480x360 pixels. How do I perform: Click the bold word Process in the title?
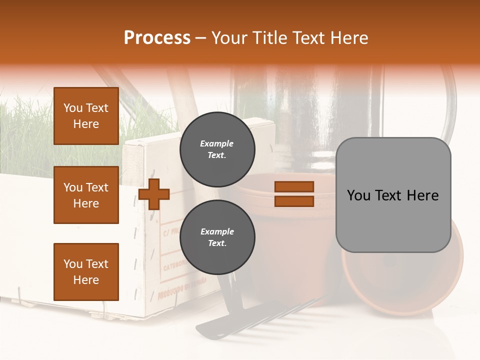(157, 38)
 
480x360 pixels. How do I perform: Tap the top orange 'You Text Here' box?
(86, 116)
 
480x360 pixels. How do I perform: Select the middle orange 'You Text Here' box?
(86, 195)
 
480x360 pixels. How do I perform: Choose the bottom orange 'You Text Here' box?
(86, 272)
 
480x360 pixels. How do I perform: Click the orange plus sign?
(154, 194)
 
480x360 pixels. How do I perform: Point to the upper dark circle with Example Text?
(217, 149)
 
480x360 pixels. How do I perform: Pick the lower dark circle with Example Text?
(217, 237)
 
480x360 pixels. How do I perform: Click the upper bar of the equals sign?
(294, 186)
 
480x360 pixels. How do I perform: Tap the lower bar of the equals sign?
(294, 201)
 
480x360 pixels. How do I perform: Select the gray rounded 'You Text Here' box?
(393, 195)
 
